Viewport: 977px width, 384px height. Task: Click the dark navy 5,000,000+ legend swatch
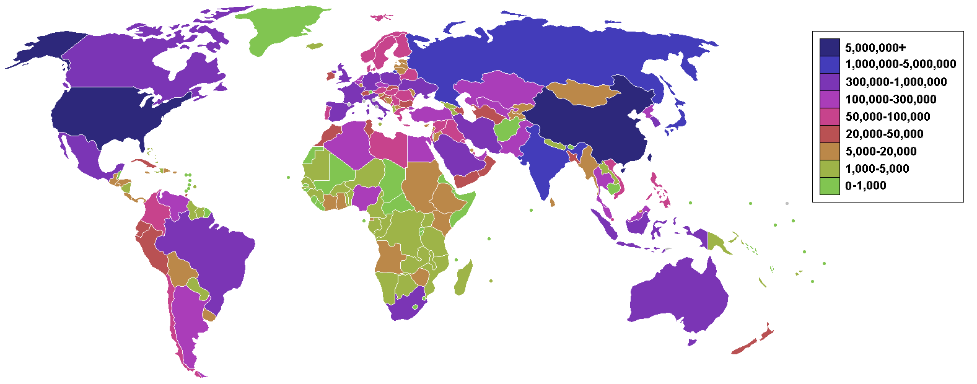coord(830,47)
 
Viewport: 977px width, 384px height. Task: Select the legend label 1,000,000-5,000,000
coord(900,64)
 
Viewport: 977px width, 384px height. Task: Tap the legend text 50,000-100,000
coord(888,116)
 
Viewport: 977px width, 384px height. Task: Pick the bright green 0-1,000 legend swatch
coord(830,186)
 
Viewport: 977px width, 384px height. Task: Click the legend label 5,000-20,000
coord(881,151)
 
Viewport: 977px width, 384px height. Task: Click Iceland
coord(315,45)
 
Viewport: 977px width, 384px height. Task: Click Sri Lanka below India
coord(553,202)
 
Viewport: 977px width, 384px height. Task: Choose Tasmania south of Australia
coord(692,342)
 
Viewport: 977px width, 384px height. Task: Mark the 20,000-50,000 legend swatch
coord(830,134)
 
